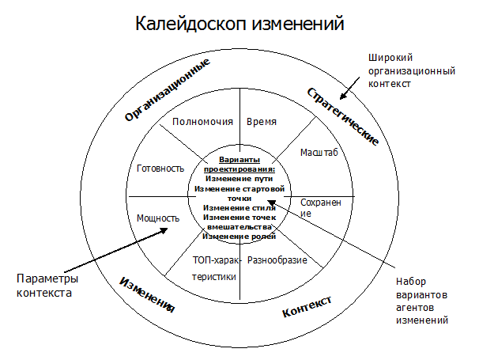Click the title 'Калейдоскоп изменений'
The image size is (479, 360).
tap(239, 25)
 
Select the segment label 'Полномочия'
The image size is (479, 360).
tap(202, 122)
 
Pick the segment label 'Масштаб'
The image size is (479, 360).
tap(319, 152)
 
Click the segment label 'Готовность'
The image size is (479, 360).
tap(160, 168)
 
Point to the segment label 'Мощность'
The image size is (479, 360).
tap(158, 218)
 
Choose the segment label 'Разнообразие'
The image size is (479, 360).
tap(277, 260)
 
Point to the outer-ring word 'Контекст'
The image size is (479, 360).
tap(306, 306)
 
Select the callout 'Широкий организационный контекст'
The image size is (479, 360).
tap(412, 70)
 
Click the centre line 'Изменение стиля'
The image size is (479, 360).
tap(239, 207)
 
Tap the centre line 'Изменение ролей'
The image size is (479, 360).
tap(239, 237)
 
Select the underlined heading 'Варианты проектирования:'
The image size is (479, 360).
tap(239, 164)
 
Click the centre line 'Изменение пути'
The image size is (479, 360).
tap(239, 178)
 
